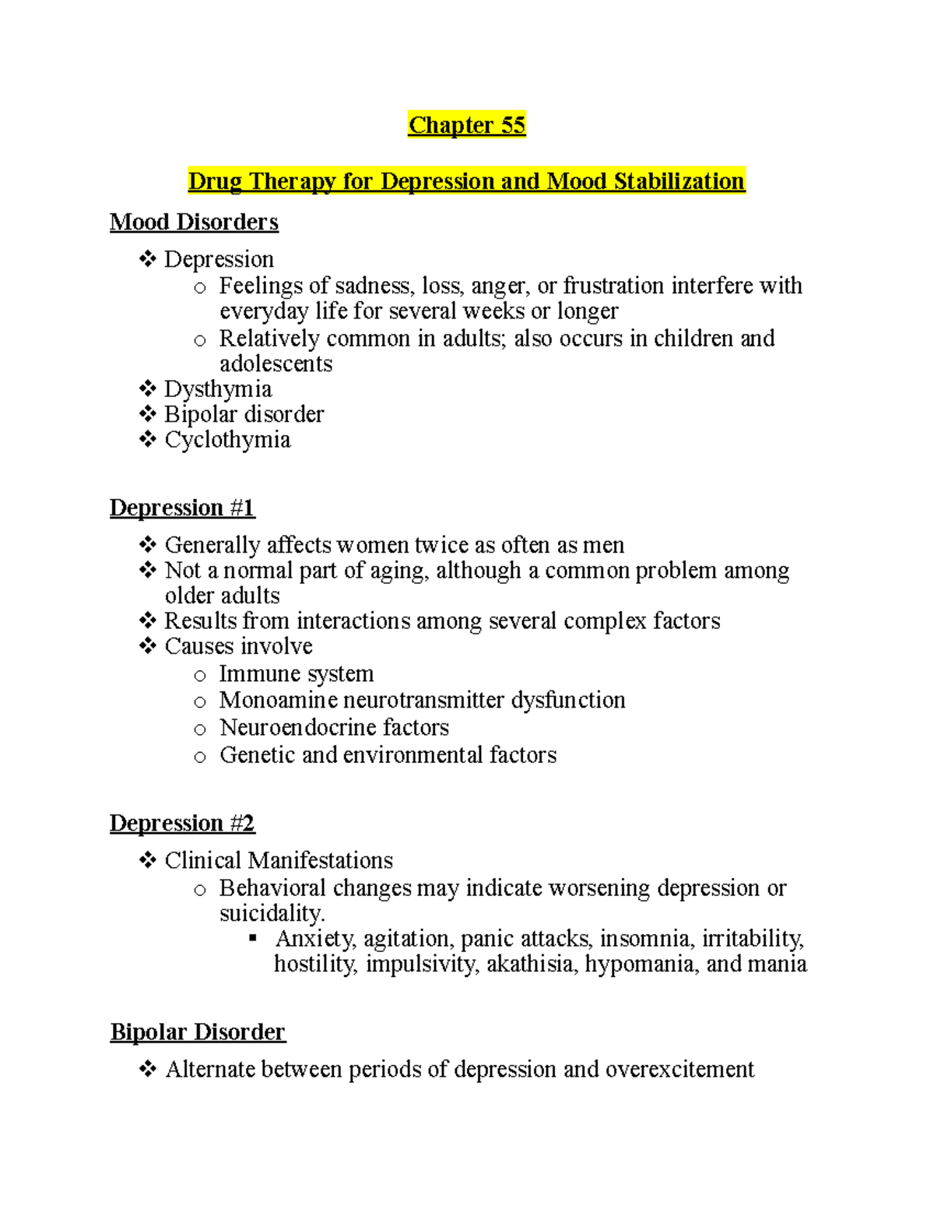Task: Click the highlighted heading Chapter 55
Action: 467,125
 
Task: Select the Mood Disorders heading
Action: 194,222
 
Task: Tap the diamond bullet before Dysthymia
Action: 147,388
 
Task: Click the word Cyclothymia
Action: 227,440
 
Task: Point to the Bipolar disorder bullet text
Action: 244,414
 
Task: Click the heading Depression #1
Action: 182,508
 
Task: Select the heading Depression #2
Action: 182,823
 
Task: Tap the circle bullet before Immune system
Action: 200,676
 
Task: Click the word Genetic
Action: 257,755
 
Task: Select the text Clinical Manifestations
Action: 279,860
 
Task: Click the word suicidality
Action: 271,913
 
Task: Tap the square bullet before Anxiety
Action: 252,939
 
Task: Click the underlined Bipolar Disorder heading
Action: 198,1032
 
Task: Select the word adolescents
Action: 276,364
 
